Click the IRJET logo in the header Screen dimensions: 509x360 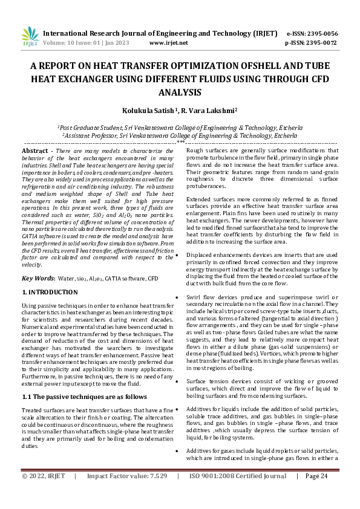click(30, 37)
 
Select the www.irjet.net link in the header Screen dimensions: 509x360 click(168, 43)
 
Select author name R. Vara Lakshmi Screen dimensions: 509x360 click(196, 111)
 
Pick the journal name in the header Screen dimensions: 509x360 click(160, 33)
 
